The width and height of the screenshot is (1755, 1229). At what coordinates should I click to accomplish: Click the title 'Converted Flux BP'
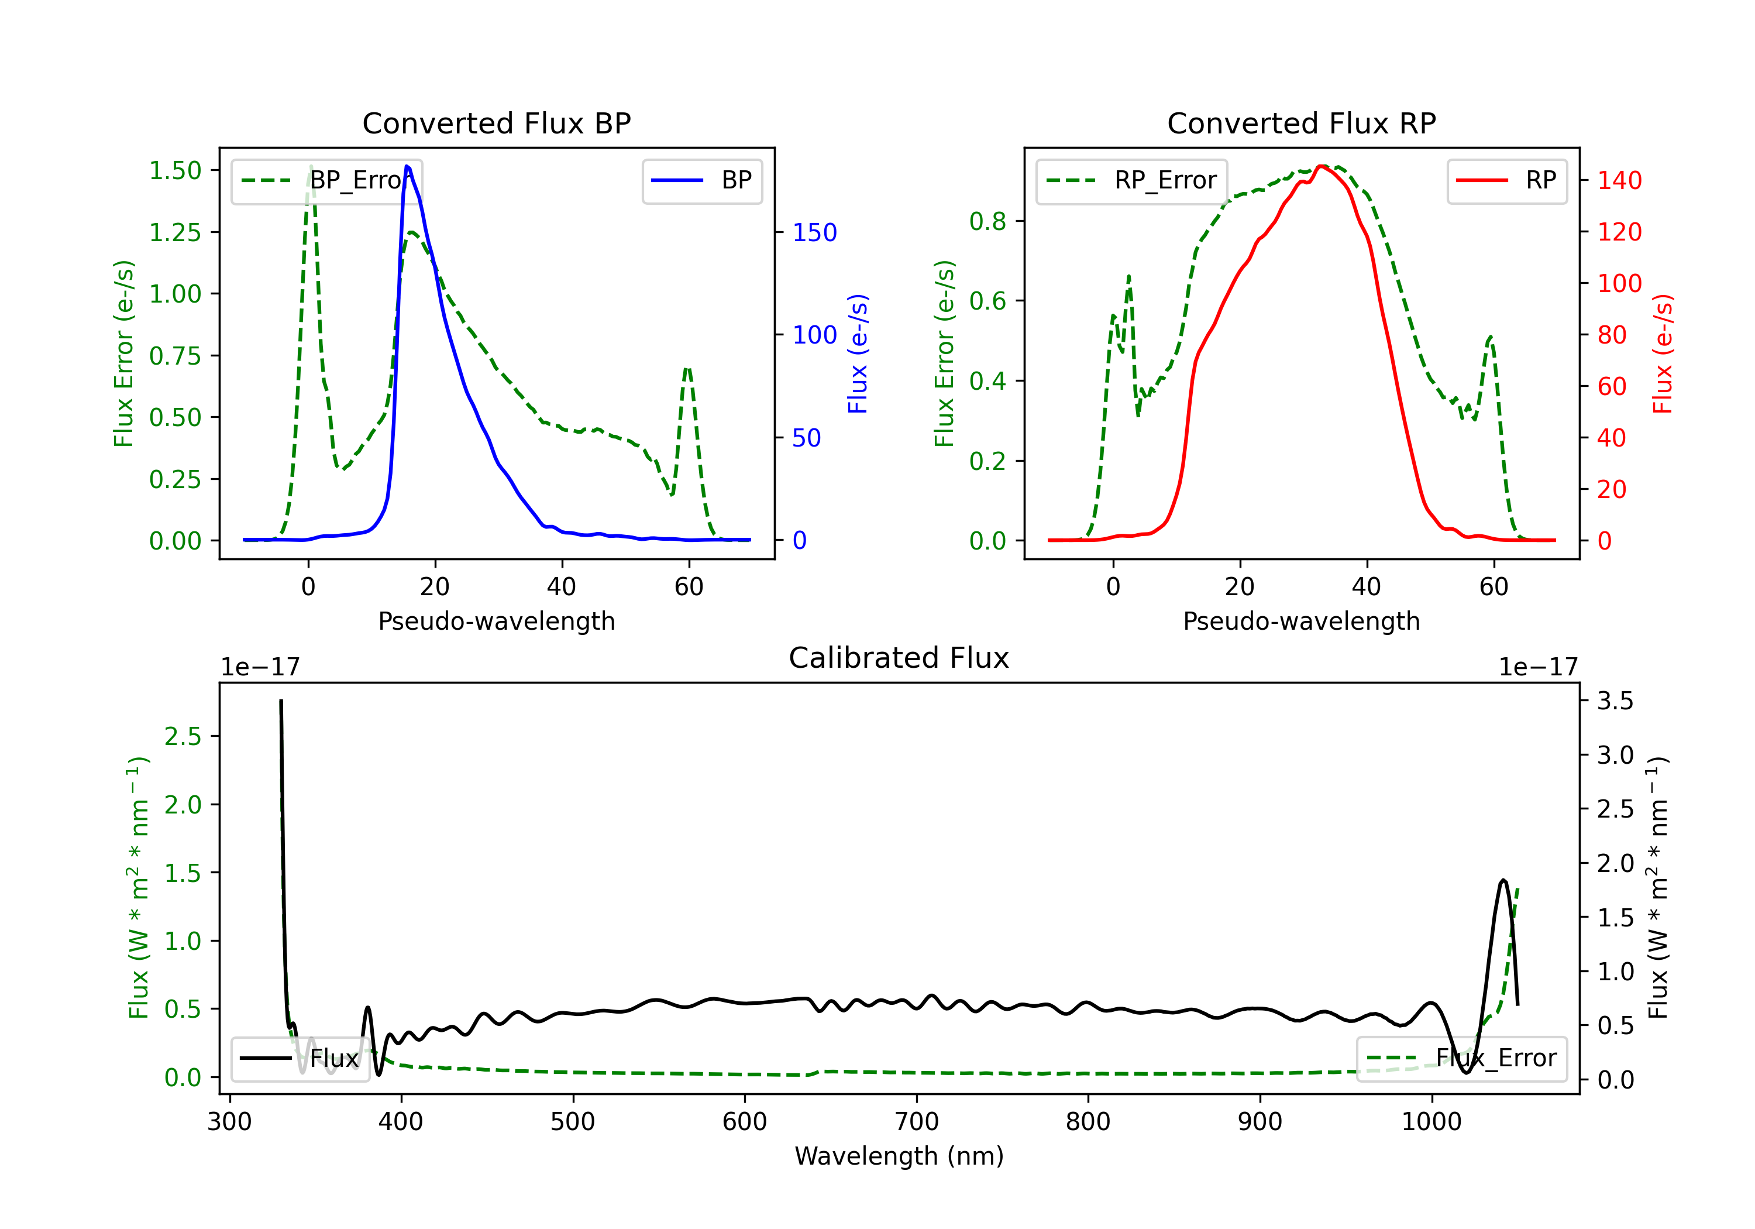[x=496, y=123]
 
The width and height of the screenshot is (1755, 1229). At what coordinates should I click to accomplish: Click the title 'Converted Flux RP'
[x=1301, y=123]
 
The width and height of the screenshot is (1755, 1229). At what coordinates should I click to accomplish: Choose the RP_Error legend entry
[x=1132, y=180]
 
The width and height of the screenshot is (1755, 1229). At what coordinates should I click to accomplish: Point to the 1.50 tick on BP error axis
[x=175, y=170]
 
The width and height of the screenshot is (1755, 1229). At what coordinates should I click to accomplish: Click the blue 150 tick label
[x=814, y=232]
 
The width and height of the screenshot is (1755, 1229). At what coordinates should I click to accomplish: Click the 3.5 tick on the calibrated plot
[x=1615, y=701]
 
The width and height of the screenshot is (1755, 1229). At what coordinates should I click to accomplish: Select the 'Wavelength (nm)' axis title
[x=899, y=1156]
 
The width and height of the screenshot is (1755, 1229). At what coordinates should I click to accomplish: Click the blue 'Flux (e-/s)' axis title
[x=858, y=353]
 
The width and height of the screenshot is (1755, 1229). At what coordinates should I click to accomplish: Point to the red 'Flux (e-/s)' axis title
[x=1663, y=353]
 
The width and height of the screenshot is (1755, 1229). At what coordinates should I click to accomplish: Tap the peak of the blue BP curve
[x=407, y=166]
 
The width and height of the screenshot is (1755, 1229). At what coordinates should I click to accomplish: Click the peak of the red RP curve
[x=1322, y=166]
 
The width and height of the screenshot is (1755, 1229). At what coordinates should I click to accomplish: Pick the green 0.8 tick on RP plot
[x=987, y=221]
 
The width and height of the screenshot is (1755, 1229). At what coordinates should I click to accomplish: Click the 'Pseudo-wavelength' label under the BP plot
[x=496, y=621]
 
